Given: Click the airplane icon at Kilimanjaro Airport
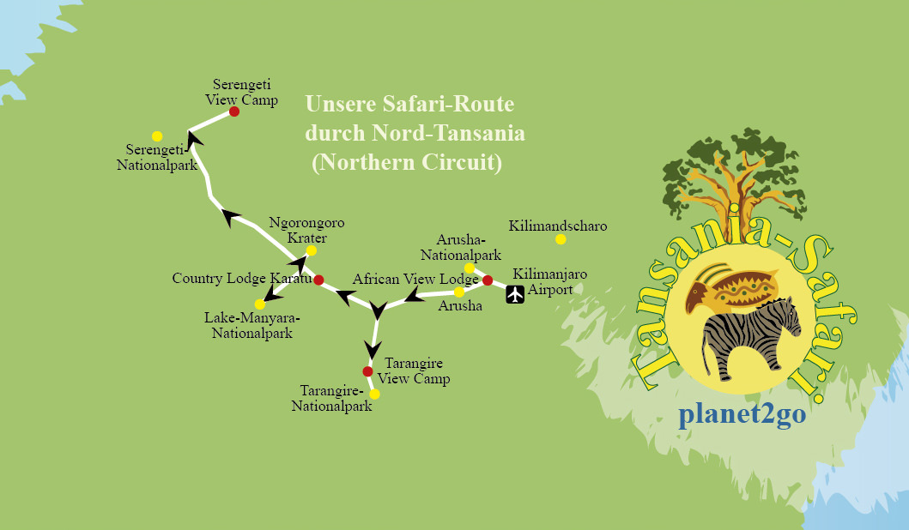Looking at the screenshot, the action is click(515, 295).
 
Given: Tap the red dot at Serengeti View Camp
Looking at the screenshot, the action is click(233, 111).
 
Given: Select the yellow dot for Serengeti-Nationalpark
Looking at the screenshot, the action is click(157, 136).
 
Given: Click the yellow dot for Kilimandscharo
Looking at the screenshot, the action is click(561, 239).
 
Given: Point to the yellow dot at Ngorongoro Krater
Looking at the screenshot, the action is click(312, 250).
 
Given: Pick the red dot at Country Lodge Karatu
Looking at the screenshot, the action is click(318, 280).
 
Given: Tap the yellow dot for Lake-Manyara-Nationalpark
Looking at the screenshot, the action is click(260, 304).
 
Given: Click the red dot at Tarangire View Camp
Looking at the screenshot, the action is click(367, 371).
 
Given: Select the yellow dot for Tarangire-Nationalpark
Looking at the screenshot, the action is click(374, 394).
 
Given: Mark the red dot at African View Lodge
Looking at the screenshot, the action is click(487, 280).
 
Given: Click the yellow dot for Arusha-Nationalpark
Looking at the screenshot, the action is click(470, 268).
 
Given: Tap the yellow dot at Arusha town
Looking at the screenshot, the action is click(459, 292).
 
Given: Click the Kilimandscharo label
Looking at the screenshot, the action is click(557, 226).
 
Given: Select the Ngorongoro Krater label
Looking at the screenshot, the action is click(306, 230).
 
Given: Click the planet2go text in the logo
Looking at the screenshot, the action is click(742, 415).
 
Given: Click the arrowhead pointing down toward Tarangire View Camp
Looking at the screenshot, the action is click(373, 349).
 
